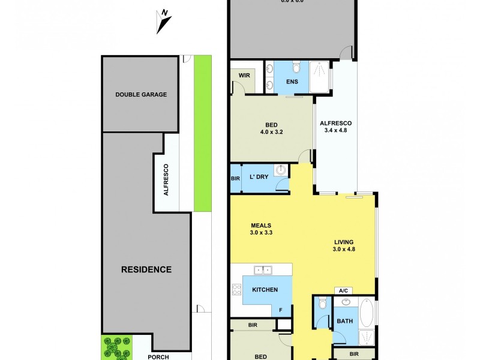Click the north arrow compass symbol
[x=163, y=22]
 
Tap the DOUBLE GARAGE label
[x=141, y=94]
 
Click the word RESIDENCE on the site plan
[x=147, y=269]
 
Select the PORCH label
[x=159, y=356]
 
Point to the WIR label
[x=244, y=76]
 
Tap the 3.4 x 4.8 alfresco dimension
[x=335, y=132]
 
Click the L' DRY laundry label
[x=259, y=178]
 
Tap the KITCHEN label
[x=265, y=290]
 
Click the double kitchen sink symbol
[x=262, y=271]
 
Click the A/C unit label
[x=344, y=290]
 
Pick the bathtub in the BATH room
[x=367, y=313]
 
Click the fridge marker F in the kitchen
[x=280, y=310]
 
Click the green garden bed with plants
[x=116, y=347]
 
